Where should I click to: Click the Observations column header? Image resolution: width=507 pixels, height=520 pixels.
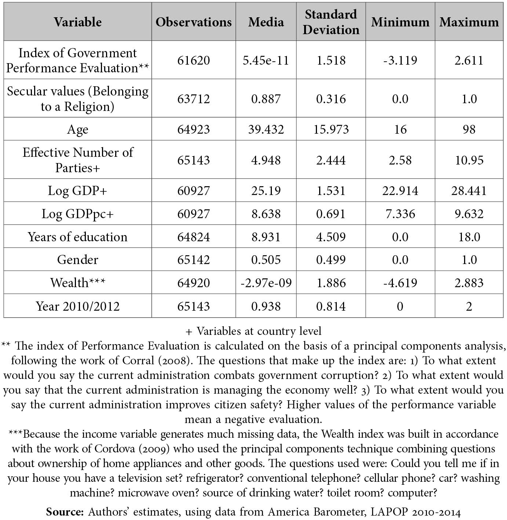click(x=193, y=22)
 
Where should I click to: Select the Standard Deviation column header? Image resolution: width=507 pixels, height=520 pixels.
click(x=331, y=22)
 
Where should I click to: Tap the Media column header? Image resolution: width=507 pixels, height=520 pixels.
click(x=266, y=22)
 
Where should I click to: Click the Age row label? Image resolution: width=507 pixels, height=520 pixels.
click(x=78, y=129)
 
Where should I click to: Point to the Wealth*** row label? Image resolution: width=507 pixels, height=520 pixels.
click(x=78, y=283)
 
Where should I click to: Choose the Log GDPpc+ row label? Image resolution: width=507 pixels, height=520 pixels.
click(x=78, y=214)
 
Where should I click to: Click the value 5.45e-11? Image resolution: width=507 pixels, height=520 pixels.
click(x=266, y=60)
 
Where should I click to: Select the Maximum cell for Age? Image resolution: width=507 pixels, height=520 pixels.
click(x=469, y=129)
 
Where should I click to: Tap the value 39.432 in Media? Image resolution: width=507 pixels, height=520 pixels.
click(x=266, y=129)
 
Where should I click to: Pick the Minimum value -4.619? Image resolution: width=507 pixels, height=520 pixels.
click(x=400, y=283)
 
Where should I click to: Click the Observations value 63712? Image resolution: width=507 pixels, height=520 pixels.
click(x=193, y=99)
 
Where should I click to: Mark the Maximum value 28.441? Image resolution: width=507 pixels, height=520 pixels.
click(x=469, y=191)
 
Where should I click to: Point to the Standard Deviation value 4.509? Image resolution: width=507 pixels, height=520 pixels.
click(x=331, y=237)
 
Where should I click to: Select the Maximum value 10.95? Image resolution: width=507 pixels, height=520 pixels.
click(x=469, y=160)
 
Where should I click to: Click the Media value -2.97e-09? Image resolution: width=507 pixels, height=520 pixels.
click(x=266, y=283)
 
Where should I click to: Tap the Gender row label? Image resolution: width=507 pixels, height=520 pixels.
click(x=78, y=260)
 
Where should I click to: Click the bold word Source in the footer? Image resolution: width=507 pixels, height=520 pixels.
click(x=65, y=512)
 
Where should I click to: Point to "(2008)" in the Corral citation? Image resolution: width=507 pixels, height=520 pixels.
click(x=174, y=360)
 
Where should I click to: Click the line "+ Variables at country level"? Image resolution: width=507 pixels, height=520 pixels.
click(x=253, y=331)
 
